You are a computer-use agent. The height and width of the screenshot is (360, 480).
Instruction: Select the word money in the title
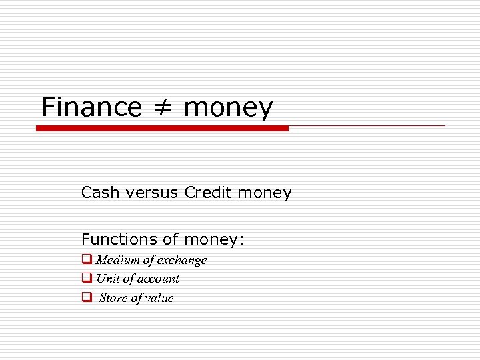click(227, 108)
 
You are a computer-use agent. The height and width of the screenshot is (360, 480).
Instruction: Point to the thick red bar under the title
click(162, 128)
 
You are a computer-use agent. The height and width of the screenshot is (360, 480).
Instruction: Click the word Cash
click(97, 193)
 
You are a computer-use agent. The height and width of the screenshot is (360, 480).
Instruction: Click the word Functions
click(115, 239)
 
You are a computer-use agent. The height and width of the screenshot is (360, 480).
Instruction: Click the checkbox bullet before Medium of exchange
click(87, 259)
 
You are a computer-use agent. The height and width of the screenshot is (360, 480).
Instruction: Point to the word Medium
click(118, 260)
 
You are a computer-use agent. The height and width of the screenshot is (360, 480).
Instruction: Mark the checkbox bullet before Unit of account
click(87, 278)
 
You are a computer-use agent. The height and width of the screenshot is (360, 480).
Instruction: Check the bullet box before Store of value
click(87, 297)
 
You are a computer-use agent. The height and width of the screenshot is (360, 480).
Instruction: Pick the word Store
click(113, 298)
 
